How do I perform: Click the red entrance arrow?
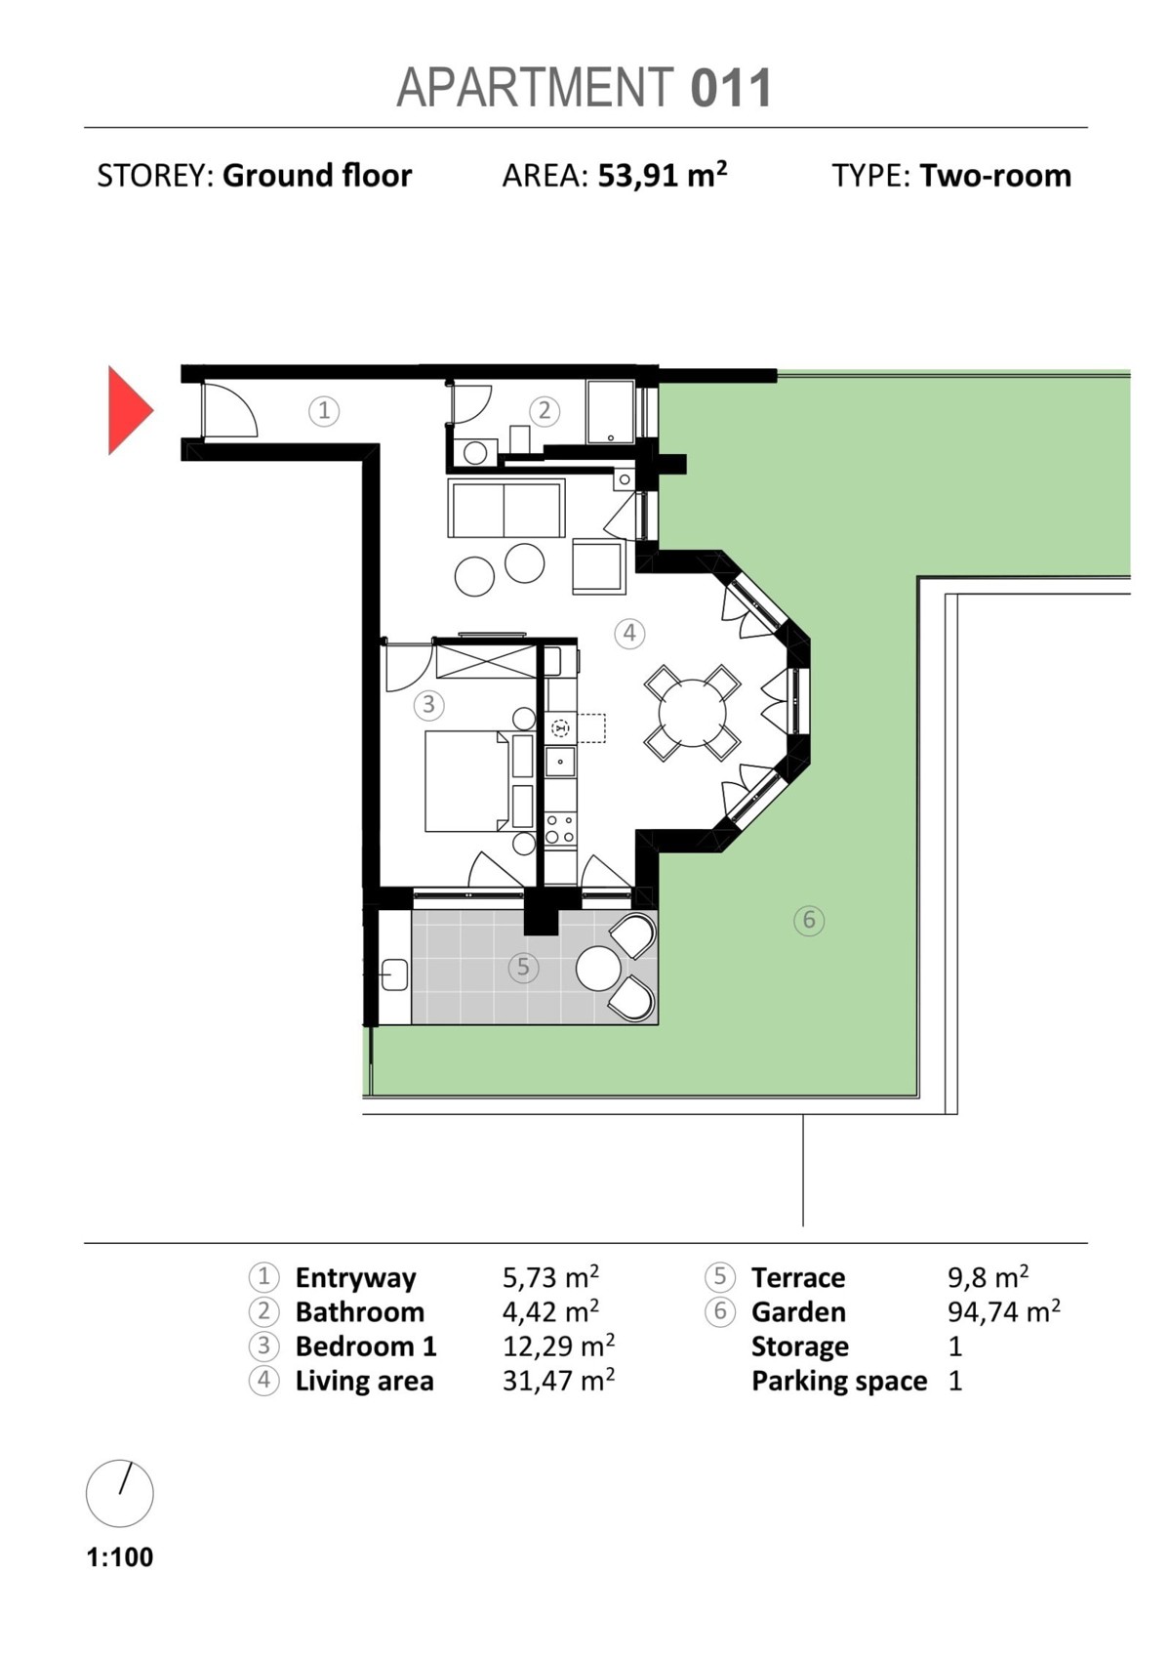click(x=129, y=410)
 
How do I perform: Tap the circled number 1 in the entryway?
click(x=324, y=410)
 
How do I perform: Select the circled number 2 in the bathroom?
click(x=545, y=410)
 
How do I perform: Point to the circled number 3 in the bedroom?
click(x=428, y=705)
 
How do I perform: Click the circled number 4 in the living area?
click(x=629, y=633)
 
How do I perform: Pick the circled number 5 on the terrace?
click(x=523, y=967)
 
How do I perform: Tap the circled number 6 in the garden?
click(x=809, y=920)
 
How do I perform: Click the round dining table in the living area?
click(x=693, y=713)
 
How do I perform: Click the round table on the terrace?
click(x=599, y=968)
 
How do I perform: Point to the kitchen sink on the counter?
click(x=561, y=762)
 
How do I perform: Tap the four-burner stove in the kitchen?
click(x=560, y=828)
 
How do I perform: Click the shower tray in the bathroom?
click(x=611, y=412)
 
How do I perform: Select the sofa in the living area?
click(x=506, y=508)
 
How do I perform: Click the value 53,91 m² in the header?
click(x=663, y=176)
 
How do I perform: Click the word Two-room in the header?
click(x=995, y=176)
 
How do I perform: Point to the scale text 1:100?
click(x=120, y=1557)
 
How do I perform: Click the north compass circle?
click(x=120, y=1494)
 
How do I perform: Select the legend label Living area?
click(x=364, y=1381)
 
